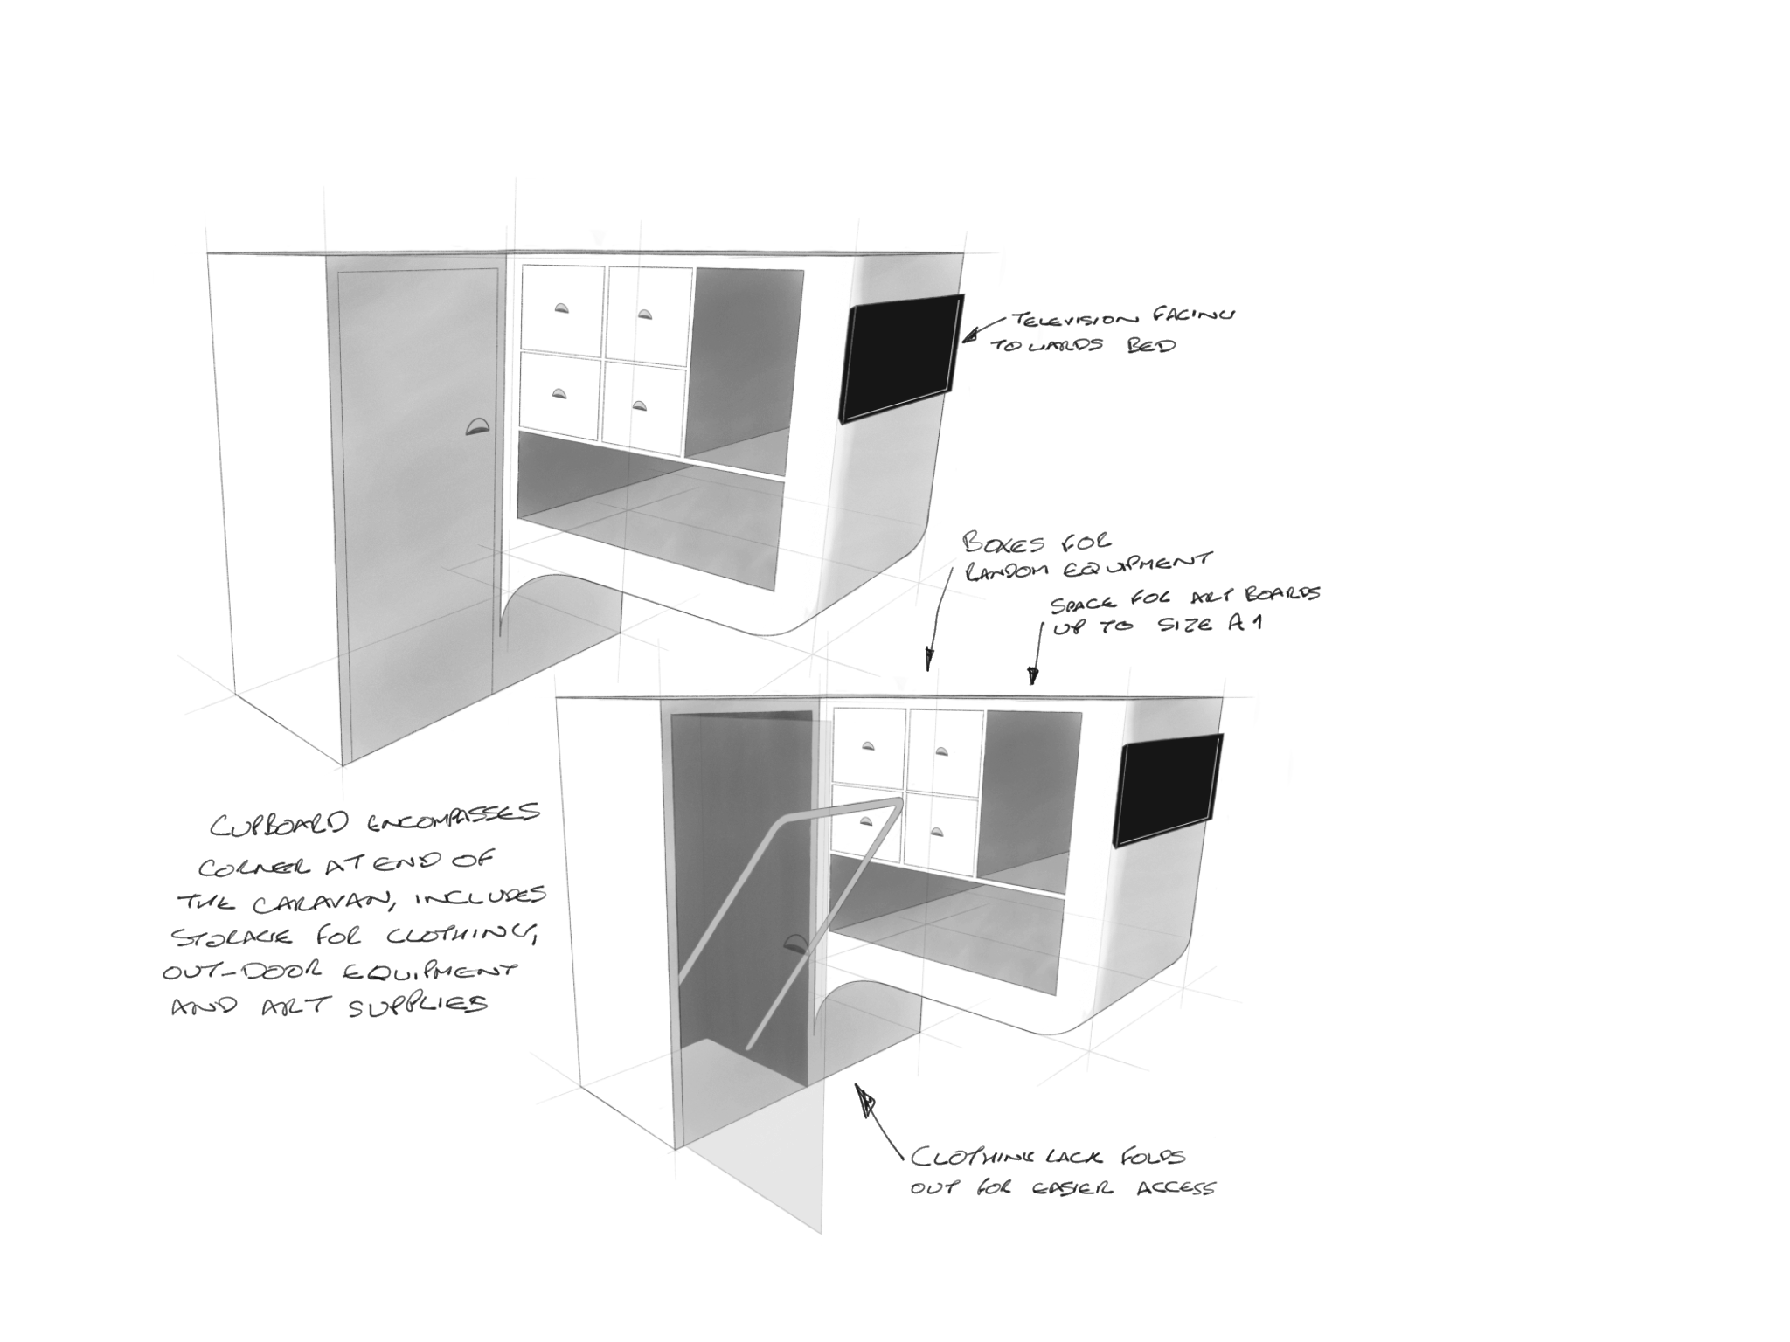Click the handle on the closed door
[x=478, y=426]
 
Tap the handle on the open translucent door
[x=797, y=943]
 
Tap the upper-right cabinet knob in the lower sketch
[x=942, y=750]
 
